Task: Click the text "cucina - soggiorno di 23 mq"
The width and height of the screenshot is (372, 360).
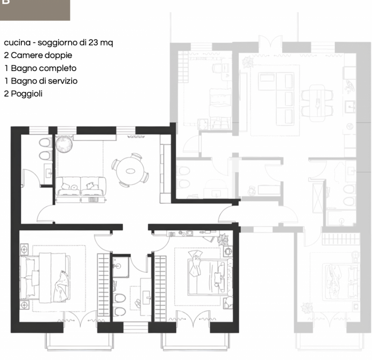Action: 59,43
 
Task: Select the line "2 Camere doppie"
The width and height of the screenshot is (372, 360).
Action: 38,55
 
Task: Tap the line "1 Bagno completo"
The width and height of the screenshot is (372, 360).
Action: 40,68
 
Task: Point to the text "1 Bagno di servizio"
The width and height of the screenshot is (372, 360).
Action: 41,81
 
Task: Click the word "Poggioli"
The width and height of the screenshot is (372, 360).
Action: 27,94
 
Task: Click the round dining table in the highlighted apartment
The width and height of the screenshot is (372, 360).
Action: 130,171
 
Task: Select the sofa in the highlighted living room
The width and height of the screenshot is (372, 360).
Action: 81,187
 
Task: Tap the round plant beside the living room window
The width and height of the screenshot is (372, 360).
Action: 64,144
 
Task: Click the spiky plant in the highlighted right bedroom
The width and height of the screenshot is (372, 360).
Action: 223,240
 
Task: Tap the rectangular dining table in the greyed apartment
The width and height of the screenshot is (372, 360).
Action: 317,103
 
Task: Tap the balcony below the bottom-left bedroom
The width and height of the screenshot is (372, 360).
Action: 78,341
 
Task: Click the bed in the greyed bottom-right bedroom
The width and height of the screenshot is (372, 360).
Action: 340,282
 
